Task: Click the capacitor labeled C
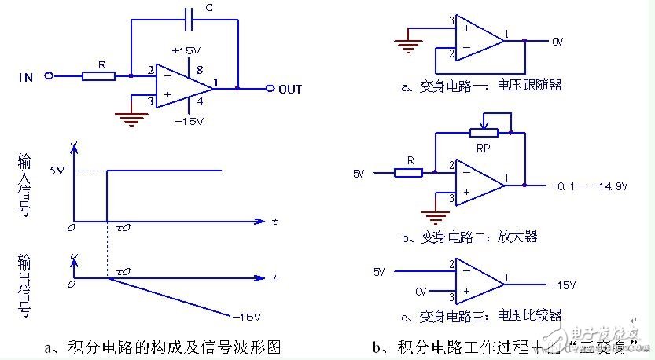pyautogui.click(x=186, y=17)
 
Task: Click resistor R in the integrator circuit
pyautogui.click(x=99, y=76)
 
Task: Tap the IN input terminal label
pyautogui.click(x=26, y=77)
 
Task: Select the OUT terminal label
pyautogui.click(x=289, y=89)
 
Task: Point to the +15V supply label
pyautogui.click(x=186, y=50)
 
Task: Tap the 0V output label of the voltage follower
pyautogui.click(x=557, y=40)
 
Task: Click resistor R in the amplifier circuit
pyautogui.click(x=409, y=171)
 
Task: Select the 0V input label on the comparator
pyautogui.click(x=422, y=292)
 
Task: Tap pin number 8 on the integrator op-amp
pyautogui.click(x=199, y=69)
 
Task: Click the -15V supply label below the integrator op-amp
pyautogui.click(x=189, y=122)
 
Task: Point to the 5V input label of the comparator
pyautogui.click(x=381, y=272)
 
